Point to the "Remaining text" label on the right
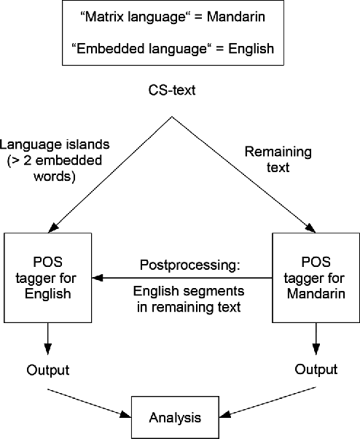click(267, 160)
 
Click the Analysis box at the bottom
click(176, 418)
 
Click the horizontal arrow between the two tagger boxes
click(182, 278)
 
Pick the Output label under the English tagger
click(47, 370)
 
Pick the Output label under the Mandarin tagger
click(316, 370)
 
